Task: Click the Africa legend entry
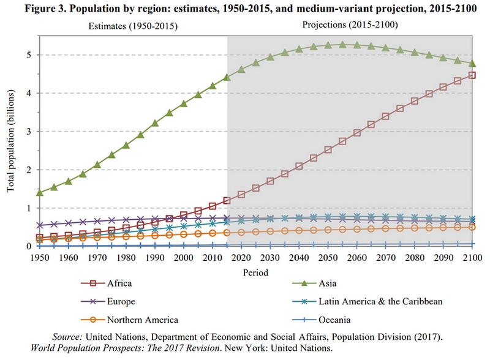click(119, 283)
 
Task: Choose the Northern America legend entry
click(142, 319)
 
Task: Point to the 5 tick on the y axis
click(28, 55)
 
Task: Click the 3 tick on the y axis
click(28, 132)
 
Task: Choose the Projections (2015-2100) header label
click(350, 25)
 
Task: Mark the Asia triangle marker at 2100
click(472, 63)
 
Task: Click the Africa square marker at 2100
click(472, 75)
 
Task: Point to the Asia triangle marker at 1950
click(40, 192)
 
